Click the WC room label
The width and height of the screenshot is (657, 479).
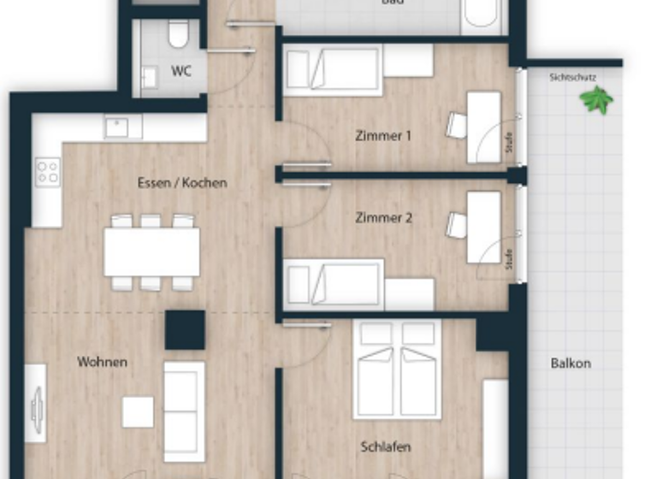point(181,72)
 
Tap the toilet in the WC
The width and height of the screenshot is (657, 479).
point(178,34)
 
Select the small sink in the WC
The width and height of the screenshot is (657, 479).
point(150,78)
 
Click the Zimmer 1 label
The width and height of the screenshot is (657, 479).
point(383,135)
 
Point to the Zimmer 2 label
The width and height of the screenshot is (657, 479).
point(383,218)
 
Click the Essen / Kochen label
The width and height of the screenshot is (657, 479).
point(182,182)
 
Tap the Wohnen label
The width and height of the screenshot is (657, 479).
point(103,362)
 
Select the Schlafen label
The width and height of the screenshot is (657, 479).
point(385,446)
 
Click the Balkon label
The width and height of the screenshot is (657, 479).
point(571,363)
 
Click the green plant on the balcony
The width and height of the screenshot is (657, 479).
point(596,100)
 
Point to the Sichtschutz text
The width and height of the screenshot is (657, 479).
point(572,77)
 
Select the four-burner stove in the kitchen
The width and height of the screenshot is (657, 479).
point(48,170)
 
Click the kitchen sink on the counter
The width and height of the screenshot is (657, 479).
point(123,127)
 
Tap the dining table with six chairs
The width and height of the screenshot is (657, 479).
point(151,251)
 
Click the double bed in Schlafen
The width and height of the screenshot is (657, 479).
point(396,370)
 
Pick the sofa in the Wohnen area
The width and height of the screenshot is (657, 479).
point(184,411)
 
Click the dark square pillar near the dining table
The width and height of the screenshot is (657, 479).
point(185,329)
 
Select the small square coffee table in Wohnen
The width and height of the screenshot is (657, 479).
point(138,411)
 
